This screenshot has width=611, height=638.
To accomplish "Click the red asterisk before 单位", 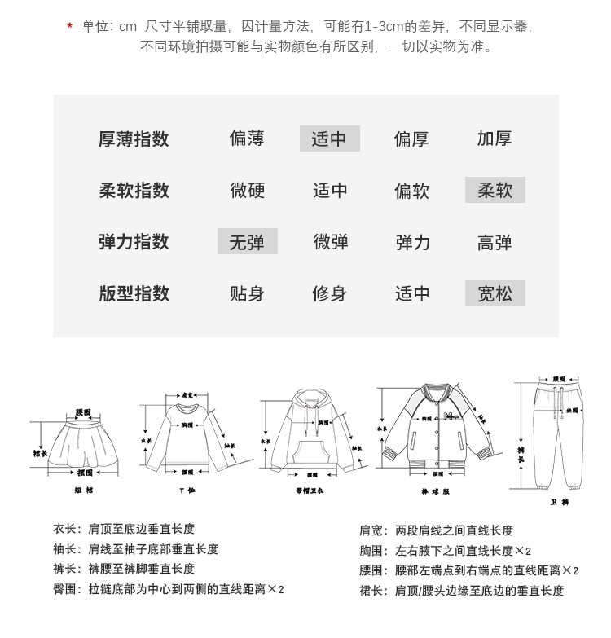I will (x=70, y=27).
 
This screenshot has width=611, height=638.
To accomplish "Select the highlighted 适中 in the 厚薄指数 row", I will (x=329, y=139).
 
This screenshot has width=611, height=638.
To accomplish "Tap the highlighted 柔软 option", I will (x=495, y=190).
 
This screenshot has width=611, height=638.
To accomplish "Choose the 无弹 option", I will (x=247, y=241).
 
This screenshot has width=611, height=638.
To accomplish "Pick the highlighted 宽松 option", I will (x=495, y=293).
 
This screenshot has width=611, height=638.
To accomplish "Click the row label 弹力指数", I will (x=134, y=241).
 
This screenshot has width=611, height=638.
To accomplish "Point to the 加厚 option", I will (x=495, y=139).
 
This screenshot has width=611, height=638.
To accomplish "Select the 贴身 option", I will (x=247, y=293).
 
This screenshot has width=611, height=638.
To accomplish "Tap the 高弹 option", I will (x=495, y=242).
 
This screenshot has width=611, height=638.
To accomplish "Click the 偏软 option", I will (x=411, y=191).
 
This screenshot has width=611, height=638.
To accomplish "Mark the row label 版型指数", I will (x=134, y=293).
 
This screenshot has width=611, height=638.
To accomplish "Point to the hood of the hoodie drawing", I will (x=309, y=403).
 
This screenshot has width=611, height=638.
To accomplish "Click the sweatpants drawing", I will (x=558, y=432).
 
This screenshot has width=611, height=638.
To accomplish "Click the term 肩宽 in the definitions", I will (x=371, y=530).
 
